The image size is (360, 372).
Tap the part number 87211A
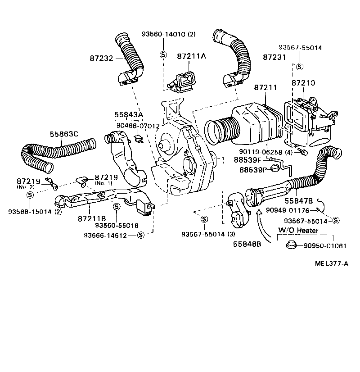[191, 56]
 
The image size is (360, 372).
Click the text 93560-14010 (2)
[168, 34]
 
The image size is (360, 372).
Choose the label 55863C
[64, 134]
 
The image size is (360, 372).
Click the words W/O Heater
[298, 231]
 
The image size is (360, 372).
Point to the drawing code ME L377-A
[331, 264]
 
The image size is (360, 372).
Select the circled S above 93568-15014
[30, 195]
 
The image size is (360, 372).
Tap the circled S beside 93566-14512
[140, 235]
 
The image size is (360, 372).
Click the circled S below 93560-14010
[163, 54]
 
